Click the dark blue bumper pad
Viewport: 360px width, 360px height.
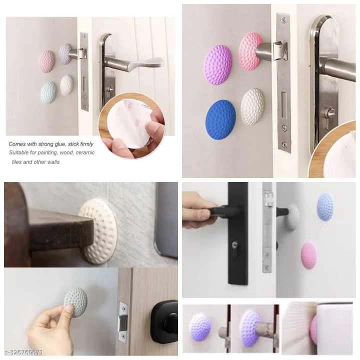(220, 119)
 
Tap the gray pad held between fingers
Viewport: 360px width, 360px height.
(75, 302)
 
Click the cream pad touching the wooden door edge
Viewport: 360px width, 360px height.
(98, 231)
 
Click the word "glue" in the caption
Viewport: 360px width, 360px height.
(62, 144)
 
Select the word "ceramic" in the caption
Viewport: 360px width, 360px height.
(85, 152)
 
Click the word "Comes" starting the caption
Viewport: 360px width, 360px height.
(17, 144)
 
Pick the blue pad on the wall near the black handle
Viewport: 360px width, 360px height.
(325, 207)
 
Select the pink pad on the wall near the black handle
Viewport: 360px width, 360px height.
(308, 255)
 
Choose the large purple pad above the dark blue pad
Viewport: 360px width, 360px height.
(218, 65)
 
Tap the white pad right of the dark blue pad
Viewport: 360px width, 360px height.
(252, 106)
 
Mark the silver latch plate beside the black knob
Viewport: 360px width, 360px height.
(123, 317)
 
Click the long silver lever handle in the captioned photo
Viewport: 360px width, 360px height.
(135, 63)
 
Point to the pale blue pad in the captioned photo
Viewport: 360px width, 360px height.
(48, 92)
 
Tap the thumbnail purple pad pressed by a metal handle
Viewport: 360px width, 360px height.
(249, 327)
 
